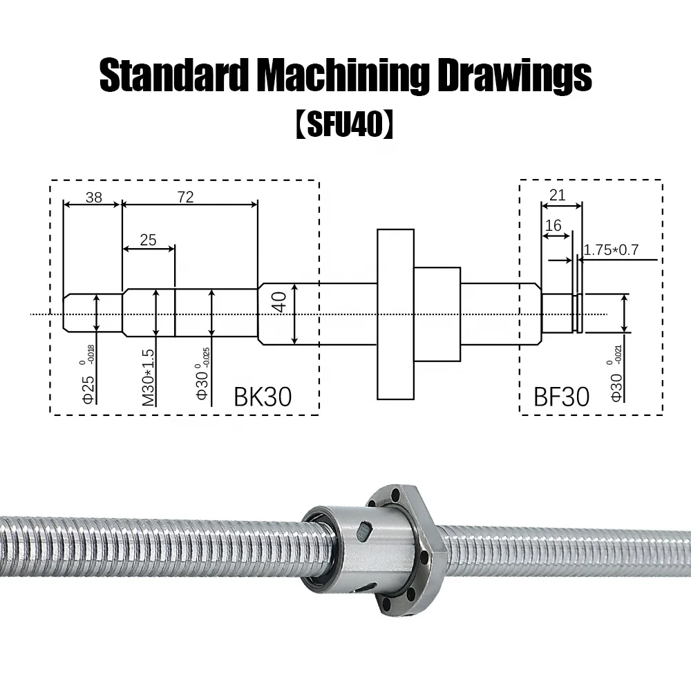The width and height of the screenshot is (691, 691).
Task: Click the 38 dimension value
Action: pos(93,197)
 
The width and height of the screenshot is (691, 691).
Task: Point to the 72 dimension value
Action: pos(185,197)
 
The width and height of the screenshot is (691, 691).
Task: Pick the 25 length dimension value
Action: pos(148,240)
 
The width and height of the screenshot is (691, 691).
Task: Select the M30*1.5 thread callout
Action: pos(148,377)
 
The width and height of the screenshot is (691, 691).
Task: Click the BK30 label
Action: pos(263,397)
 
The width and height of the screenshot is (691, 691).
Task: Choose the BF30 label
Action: pos(561,397)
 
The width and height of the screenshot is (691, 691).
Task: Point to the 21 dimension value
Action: pos(557,196)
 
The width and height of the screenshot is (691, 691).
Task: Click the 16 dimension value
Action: pos(553,226)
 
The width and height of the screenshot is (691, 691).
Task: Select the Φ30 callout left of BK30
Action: pos(201,386)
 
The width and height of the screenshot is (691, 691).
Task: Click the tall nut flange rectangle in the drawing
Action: pos(395,314)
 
